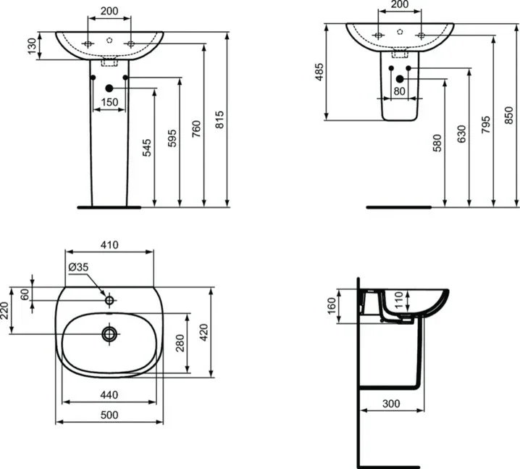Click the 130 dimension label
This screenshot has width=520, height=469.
pos(31,46)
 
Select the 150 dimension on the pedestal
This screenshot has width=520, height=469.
pos(109,103)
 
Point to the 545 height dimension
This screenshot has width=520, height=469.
pos(148,148)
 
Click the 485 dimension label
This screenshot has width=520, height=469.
pos(319,72)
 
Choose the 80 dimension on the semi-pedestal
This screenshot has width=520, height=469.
pos(399,92)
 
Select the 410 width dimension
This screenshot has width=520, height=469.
pos(109,244)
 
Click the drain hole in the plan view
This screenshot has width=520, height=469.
pos(109,333)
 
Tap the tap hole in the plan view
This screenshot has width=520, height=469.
pos(109,299)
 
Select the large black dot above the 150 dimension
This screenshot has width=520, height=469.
pos(109,88)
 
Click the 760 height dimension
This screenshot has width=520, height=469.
pos(196,127)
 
